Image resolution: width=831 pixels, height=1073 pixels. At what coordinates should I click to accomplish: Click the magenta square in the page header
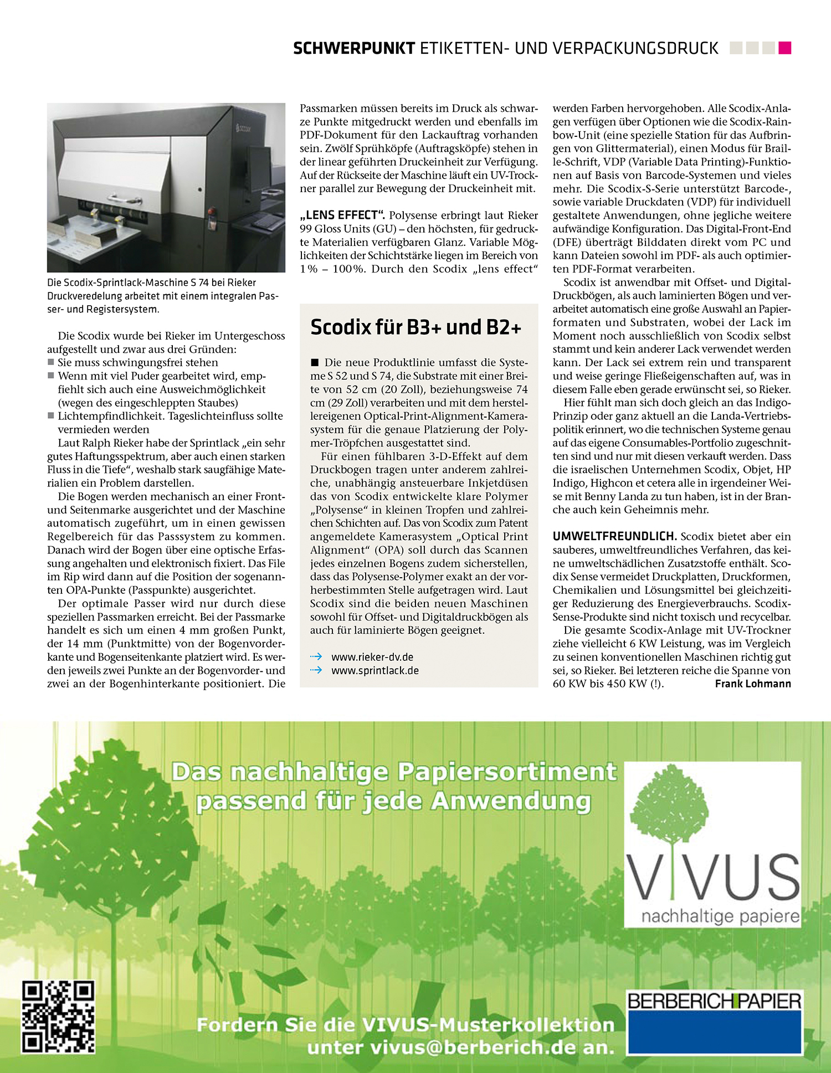click(x=784, y=48)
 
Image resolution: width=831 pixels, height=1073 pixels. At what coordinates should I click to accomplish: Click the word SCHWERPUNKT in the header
click(x=354, y=49)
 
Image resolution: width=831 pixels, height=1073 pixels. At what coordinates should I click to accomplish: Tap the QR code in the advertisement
click(x=58, y=1016)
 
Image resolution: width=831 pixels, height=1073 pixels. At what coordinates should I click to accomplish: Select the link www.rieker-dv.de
click(x=372, y=657)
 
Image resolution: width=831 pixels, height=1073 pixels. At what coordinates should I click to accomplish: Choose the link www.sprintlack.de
click(x=375, y=670)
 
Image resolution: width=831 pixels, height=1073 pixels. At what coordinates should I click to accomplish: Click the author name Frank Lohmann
click(x=753, y=684)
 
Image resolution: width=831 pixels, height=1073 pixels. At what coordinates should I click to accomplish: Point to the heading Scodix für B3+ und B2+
click(x=416, y=327)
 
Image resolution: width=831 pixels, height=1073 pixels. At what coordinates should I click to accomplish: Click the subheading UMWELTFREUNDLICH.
click(x=614, y=536)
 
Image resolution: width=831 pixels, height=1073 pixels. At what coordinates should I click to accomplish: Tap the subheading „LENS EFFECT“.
click(x=342, y=215)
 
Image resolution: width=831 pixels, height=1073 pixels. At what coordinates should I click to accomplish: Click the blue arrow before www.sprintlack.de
click(x=316, y=670)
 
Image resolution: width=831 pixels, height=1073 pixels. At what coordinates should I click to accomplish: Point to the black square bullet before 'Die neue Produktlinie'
click(x=315, y=363)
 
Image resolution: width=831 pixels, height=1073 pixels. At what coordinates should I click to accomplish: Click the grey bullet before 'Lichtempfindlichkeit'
click(x=51, y=416)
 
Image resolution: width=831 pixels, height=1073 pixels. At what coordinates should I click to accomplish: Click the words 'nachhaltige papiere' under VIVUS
click(x=720, y=916)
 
